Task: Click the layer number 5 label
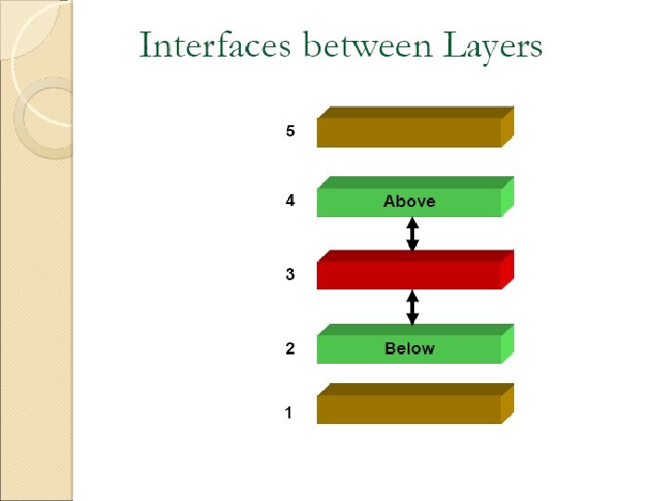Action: [x=290, y=131]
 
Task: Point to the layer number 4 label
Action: [x=290, y=200]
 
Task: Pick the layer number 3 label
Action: [x=290, y=275]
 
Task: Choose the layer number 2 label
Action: [x=290, y=349]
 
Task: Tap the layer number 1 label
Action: [x=290, y=412]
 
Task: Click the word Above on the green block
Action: [x=409, y=201]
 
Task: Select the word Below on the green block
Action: [x=409, y=349]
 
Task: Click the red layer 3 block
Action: [x=408, y=276]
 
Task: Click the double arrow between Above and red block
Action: [x=413, y=234]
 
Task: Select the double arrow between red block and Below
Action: [x=413, y=307]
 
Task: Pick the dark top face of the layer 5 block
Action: [x=415, y=111]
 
